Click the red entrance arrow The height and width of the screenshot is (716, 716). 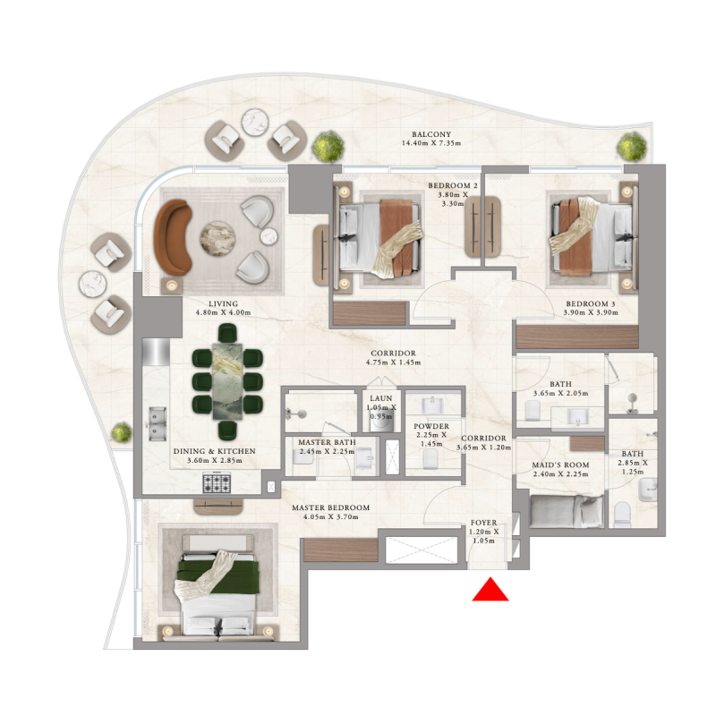pyautogui.click(x=490, y=590)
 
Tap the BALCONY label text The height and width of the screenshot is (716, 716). pyautogui.click(x=431, y=133)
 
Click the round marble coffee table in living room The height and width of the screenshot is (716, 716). pyautogui.click(x=217, y=237)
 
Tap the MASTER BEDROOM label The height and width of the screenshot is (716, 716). pyautogui.click(x=330, y=507)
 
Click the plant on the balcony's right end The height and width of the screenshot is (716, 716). pyautogui.click(x=634, y=146)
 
